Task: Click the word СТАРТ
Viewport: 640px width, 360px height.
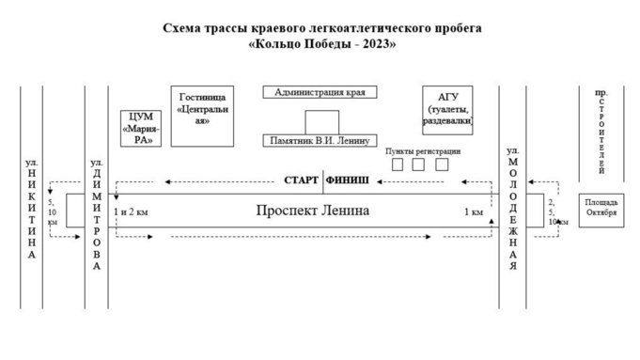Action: tap(302, 179)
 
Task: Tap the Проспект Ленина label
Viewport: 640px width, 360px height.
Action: tap(313, 211)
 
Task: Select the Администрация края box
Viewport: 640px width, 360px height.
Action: tap(320, 92)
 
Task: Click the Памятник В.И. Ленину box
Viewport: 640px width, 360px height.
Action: tap(320, 140)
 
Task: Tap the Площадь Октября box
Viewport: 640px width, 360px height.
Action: tap(601, 208)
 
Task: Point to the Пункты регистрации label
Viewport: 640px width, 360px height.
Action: tap(423, 152)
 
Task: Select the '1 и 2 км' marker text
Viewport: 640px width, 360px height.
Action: tap(132, 212)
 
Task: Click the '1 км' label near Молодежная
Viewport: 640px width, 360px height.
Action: tap(474, 212)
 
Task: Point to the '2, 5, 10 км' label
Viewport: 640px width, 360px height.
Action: tap(553, 211)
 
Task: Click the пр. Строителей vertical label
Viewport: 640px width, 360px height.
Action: tap(601, 132)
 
